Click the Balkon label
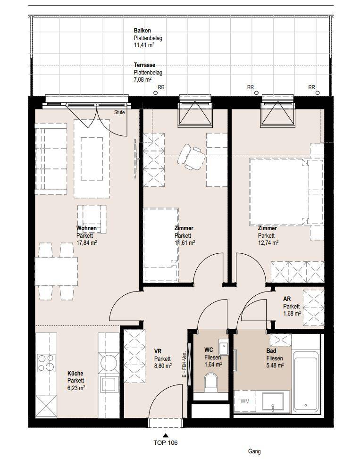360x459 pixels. pyautogui.click(x=142, y=31)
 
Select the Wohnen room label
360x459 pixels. pyautogui.click(x=86, y=228)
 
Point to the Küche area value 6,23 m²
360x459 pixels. pyautogui.click(x=76, y=388)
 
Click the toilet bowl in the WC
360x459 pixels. pyautogui.click(x=211, y=382)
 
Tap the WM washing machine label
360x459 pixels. pyautogui.click(x=245, y=401)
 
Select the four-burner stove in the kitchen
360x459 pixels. pyautogui.click(x=46, y=363)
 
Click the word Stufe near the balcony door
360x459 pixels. pyautogui.click(x=119, y=112)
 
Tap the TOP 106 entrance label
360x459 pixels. pyautogui.click(x=166, y=442)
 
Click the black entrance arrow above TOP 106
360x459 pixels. pyautogui.click(x=166, y=435)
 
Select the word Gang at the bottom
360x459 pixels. pyautogui.click(x=254, y=451)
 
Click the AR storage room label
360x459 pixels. pyautogui.click(x=287, y=299)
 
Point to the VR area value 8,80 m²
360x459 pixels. pyautogui.click(x=163, y=366)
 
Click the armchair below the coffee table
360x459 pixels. pyautogui.click(x=92, y=219)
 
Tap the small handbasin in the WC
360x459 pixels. pyautogui.click(x=223, y=347)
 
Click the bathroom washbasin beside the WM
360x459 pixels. pyautogui.click(x=273, y=401)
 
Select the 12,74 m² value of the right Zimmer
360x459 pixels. pyautogui.click(x=268, y=242)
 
